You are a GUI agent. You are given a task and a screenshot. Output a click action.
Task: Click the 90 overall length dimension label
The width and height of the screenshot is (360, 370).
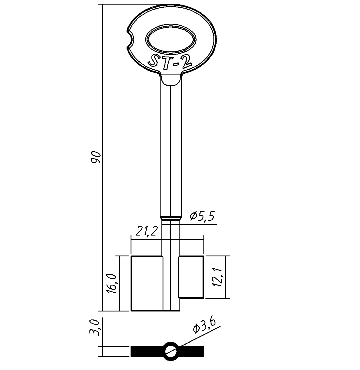coord(96,157)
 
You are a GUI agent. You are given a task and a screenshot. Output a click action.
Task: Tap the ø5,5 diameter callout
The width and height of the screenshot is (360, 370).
coord(202,216)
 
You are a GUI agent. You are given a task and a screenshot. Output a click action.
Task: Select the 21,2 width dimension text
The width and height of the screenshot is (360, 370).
coord(147,231)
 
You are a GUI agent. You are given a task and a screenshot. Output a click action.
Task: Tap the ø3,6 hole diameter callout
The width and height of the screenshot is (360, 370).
coord(204,326)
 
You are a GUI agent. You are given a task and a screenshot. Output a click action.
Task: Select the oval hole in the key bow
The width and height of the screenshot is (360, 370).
coord(171,40)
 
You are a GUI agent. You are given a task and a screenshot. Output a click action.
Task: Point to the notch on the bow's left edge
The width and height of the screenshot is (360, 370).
coord(131,40)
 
